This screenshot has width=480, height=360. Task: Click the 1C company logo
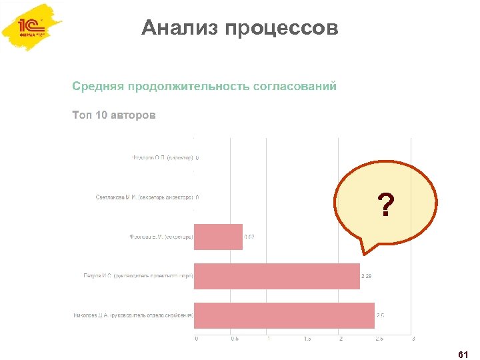coord(32,29)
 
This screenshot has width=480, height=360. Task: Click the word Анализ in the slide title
coord(179,29)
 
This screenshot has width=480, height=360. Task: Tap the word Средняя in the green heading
coord(99,87)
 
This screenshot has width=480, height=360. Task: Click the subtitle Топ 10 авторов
coord(114,115)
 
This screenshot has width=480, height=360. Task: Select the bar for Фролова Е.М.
coord(218,237)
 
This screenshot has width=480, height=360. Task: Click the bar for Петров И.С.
coord(277,276)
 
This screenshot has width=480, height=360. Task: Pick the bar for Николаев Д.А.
coord(284,315)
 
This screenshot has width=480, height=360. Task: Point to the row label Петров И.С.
coord(138,276)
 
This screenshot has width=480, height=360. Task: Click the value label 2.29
coord(367,276)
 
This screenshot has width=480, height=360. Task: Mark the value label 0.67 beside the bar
coord(250,237)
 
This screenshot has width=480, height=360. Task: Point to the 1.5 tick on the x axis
coord(307,339)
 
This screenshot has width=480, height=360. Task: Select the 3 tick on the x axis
coord(413,339)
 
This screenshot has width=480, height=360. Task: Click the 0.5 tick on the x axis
coord(233,339)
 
